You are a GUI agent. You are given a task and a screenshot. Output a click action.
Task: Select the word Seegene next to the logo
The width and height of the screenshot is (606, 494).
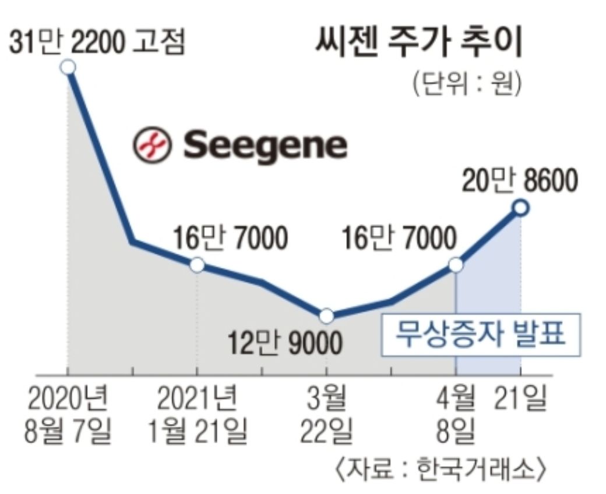265,145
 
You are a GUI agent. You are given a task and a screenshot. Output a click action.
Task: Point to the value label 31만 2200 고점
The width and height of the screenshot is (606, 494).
97,42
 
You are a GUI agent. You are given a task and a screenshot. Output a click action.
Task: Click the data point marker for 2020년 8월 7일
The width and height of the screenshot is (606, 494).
68,67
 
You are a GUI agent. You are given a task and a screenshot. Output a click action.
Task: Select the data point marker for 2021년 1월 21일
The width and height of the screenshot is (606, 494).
198,265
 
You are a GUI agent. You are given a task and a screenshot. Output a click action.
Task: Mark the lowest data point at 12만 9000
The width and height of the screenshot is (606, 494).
326,316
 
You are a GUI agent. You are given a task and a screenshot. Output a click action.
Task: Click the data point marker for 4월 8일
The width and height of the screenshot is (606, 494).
456,265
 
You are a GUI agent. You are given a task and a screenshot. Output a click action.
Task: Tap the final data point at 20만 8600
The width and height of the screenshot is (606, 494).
520,207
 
